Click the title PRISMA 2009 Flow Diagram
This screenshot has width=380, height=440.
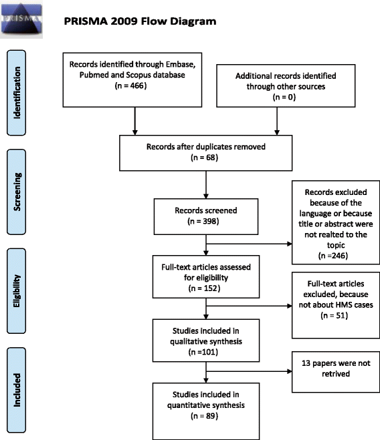[x=140, y=21]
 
